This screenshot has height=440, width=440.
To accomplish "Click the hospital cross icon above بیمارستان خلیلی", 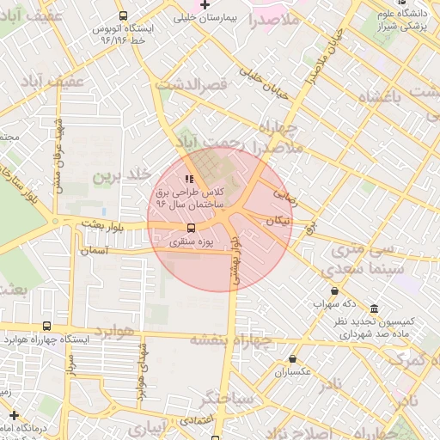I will pos(205,5).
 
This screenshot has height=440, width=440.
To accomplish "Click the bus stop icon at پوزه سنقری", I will pos(191,229).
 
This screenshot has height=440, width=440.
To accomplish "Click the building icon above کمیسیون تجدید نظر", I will pos(373,309).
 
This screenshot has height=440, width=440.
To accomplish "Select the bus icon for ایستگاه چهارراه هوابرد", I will pos(46,327).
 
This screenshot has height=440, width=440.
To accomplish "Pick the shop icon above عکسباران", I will pos(293,359).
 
